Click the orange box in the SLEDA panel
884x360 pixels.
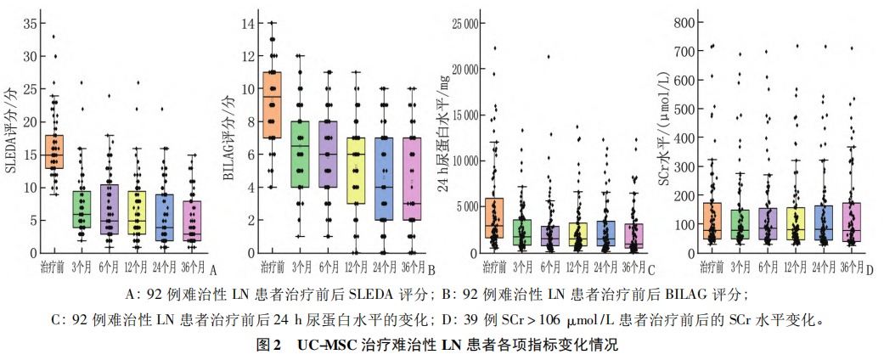[x=54, y=151]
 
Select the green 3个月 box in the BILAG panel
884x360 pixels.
[x=298, y=166]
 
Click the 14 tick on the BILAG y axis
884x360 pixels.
[x=248, y=23]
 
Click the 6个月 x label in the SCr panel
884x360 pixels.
[x=768, y=267]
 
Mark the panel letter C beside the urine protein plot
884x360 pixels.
[x=651, y=271]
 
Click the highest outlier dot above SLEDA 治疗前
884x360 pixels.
[x=53, y=37]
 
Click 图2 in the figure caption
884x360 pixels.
[x=269, y=346]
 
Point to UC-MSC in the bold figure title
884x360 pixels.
[x=326, y=346]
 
